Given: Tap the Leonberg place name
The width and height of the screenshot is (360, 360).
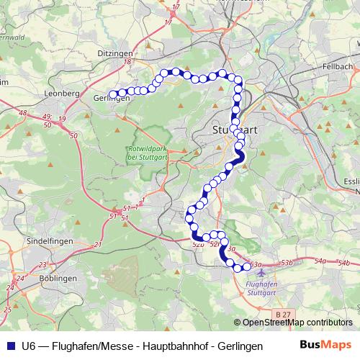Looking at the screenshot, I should coord(62,94).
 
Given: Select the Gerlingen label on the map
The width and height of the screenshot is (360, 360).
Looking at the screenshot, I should coord(111,99).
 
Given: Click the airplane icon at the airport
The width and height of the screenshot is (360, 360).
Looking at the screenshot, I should coord(260,272).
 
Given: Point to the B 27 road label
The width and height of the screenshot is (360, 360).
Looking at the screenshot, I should coord(283,314).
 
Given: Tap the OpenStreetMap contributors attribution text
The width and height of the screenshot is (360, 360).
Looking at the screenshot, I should coord(297,323).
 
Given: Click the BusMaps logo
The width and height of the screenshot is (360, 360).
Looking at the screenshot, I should coord(325,346).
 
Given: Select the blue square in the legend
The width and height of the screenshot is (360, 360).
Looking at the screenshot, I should coord(9,346).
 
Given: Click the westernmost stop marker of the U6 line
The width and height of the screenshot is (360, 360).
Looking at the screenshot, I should coord(113,94).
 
